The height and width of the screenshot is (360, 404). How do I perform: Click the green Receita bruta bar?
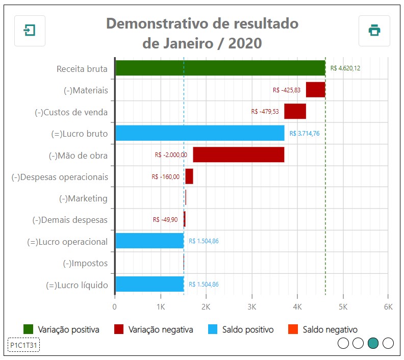pyautogui.click(x=220, y=68)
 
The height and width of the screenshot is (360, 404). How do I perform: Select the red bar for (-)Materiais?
pyautogui.click(x=315, y=90)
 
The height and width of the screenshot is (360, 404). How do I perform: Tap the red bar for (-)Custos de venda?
pyautogui.click(x=295, y=111)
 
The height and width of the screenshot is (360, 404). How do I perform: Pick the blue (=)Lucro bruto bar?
pyautogui.click(x=199, y=133)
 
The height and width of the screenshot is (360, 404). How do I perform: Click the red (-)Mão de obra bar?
pyautogui.click(x=238, y=155)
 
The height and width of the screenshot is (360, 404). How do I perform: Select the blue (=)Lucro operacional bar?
pyautogui.click(x=149, y=241)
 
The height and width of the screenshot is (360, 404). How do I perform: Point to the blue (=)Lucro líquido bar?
pyautogui.click(x=149, y=284)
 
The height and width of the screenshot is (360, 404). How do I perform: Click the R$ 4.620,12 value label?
pyautogui.click(x=345, y=68)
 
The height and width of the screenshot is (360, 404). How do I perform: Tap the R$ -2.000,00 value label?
pyautogui.click(x=170, y=155)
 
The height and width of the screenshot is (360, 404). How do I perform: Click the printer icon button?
pyautogui.click(x=374, y=31)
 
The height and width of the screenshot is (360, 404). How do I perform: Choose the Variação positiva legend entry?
pyautogui.click(x=61, y=329)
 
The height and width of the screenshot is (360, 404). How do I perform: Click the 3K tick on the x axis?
pyautogui.click(x=251, y=307)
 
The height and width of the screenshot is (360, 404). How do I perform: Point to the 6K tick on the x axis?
pyautogui.click(x=388, y=307)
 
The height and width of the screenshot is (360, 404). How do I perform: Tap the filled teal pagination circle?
pyautogui.click(x=373, y=343)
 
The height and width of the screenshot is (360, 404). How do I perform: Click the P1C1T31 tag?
pyautogui.click(x=24, y=345)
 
